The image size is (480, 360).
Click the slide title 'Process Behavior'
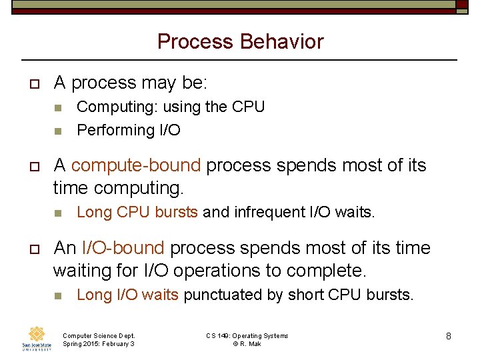(240, 42)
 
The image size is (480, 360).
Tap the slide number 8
(449, 336)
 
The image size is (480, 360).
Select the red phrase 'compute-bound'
(135, 165)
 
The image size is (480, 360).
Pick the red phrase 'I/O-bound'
(123, 248)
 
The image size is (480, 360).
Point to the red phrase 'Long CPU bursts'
(137, 213)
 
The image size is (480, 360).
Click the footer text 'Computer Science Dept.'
(98, 336)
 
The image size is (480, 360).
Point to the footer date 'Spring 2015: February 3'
(98, 344)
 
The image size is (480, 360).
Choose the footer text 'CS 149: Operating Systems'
(247, 336)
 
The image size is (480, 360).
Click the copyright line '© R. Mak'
(247, 344)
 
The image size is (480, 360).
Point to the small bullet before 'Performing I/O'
(59, 131)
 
